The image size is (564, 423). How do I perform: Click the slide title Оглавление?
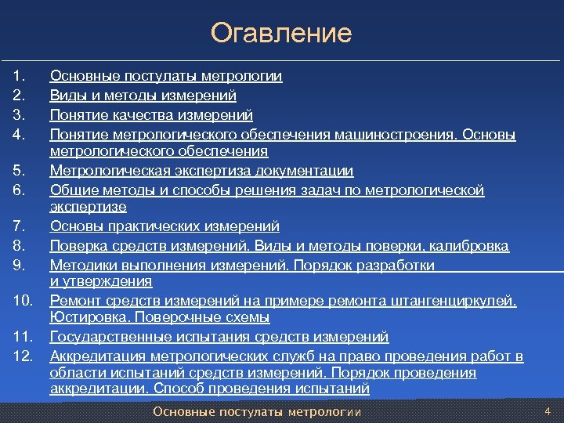pos(281,34)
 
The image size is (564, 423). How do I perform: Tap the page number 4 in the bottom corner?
pos(548,411)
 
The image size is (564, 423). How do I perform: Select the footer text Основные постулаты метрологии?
pos(257,412)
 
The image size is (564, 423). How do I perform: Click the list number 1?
pos(20,77)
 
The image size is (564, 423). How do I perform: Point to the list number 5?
pos(20,171)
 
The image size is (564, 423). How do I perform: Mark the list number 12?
pos(23,356)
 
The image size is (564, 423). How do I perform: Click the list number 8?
pos(20,247)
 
